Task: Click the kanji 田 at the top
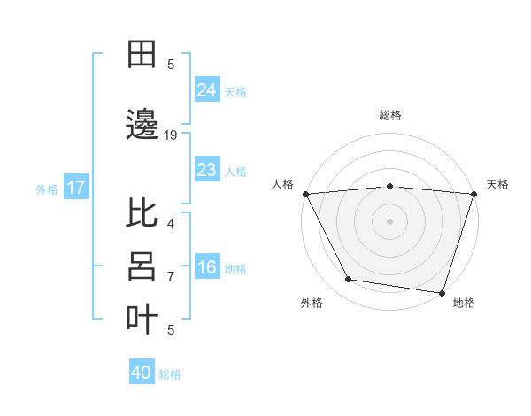142,54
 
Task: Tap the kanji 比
142,213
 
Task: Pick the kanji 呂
142,266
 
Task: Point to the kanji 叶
142,320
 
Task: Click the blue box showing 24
206,89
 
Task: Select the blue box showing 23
206,169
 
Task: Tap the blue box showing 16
206,267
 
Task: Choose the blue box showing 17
76,188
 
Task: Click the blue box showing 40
142,373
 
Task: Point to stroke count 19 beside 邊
171,135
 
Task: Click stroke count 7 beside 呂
171,277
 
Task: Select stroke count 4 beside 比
171,224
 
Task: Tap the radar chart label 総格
389,115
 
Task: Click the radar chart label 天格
497,184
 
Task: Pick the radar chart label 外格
312,303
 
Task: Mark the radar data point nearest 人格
305,193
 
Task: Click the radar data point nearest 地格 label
442,292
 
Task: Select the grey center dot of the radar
389,220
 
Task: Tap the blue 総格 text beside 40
171,374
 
